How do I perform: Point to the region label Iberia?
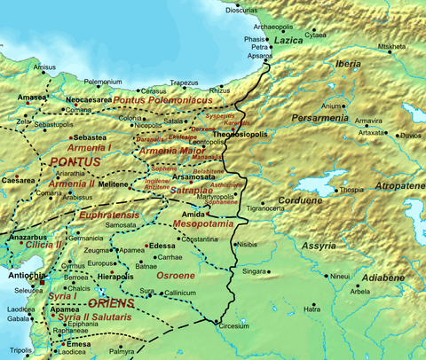[x=348, y=64]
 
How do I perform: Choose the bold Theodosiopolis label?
[x=244, y=134]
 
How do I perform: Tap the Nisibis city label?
[x=251, y=243]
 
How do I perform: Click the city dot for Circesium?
[x=215, y=320]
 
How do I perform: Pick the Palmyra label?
[x=122, y=351]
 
